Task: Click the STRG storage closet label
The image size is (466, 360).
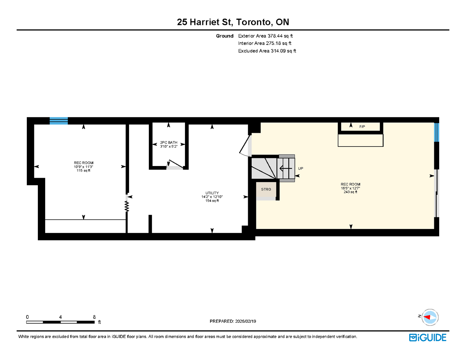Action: coord(266,189)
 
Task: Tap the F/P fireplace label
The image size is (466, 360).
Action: coord(362,126)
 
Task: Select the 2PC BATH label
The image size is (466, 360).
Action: coord(169,142)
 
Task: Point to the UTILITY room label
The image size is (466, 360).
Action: coord(212,193)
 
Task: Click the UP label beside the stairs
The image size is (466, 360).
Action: coord(301,168)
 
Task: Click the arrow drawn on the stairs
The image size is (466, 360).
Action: coord(286,168)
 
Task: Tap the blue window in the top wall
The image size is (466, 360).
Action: coord(59,121)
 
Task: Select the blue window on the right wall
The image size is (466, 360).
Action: coord(436,132)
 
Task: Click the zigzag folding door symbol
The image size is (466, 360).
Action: coord(127,207)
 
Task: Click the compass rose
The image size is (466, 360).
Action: coord(430,317)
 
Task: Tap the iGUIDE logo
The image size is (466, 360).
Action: coord(428,338)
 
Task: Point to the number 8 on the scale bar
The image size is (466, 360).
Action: coord(94,317)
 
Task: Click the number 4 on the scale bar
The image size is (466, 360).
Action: coord(61,317)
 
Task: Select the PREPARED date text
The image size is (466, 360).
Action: coord(233,321)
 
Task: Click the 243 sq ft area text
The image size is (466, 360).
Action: coord(350,192)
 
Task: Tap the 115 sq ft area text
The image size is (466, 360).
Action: coord(83,170)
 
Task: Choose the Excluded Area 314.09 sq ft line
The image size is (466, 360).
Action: coord(267,51)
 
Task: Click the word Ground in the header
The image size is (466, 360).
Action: coord(225,36)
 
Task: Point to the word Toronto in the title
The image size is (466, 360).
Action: coord(254,22)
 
